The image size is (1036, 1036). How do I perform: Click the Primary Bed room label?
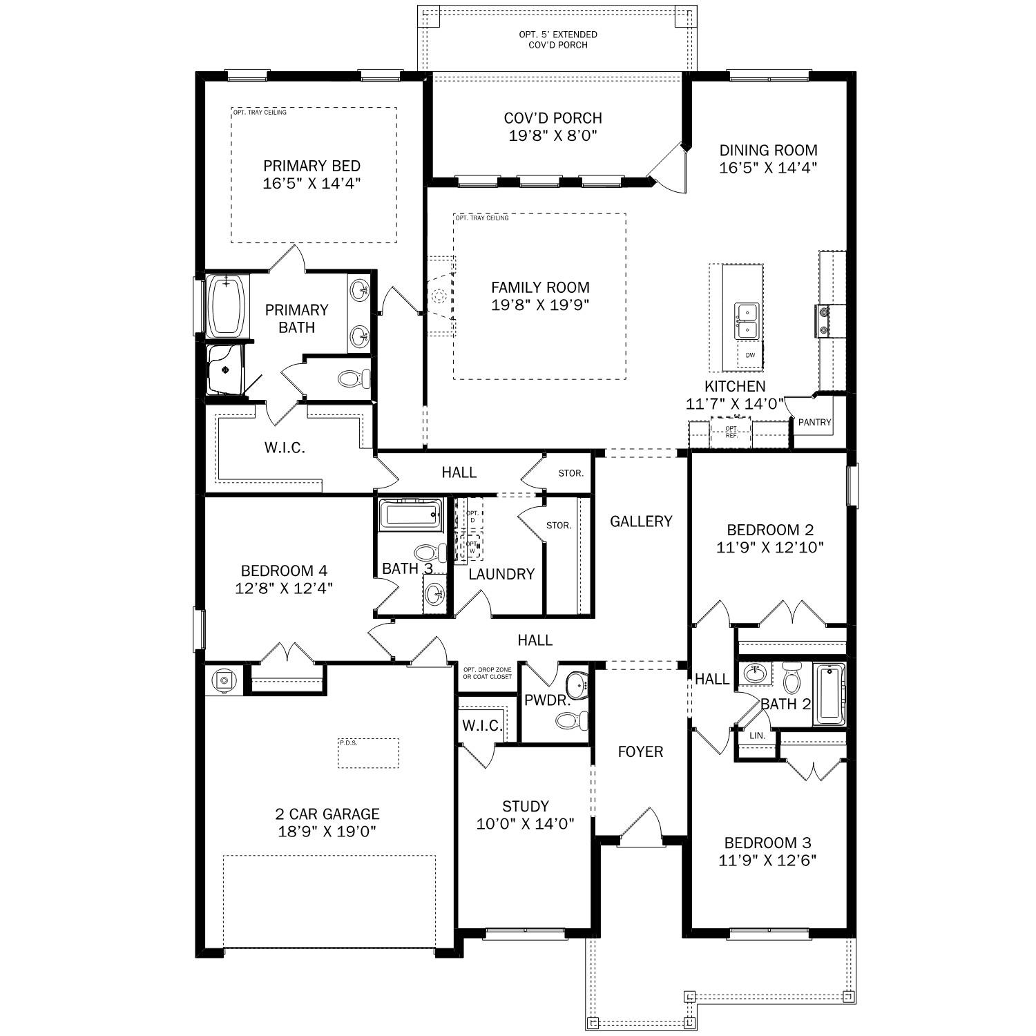[x=311, y=166]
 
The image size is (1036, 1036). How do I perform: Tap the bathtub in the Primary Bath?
[x=227, y=307]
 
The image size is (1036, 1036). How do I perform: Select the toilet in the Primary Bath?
[x=354, y=378]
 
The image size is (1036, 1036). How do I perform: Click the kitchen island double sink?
[x=746, y=321]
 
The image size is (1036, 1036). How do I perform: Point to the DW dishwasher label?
[x=750, y=356]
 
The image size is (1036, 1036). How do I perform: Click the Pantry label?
[x=814, y=422]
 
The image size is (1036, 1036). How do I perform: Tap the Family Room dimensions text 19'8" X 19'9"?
[x=540, y=305]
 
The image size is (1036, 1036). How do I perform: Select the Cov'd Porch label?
[x=553, y=118]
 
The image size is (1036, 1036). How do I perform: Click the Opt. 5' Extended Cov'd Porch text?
[x=558, y=39]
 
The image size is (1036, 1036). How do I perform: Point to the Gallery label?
[x=640, y=521]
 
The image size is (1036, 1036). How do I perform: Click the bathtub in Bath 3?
[x=410, y=515]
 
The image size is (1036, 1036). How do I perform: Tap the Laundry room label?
[x=501, y=574]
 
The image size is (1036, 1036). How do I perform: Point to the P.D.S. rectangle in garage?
[x=368, y=753]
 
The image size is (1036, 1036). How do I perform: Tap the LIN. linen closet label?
[x=758, y=736]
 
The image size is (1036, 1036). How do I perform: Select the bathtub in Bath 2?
[x=829, y=694]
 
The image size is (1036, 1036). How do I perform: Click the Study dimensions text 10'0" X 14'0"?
[x=525, y=824]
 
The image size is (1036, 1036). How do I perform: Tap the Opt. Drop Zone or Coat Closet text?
[x=488, y=673]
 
